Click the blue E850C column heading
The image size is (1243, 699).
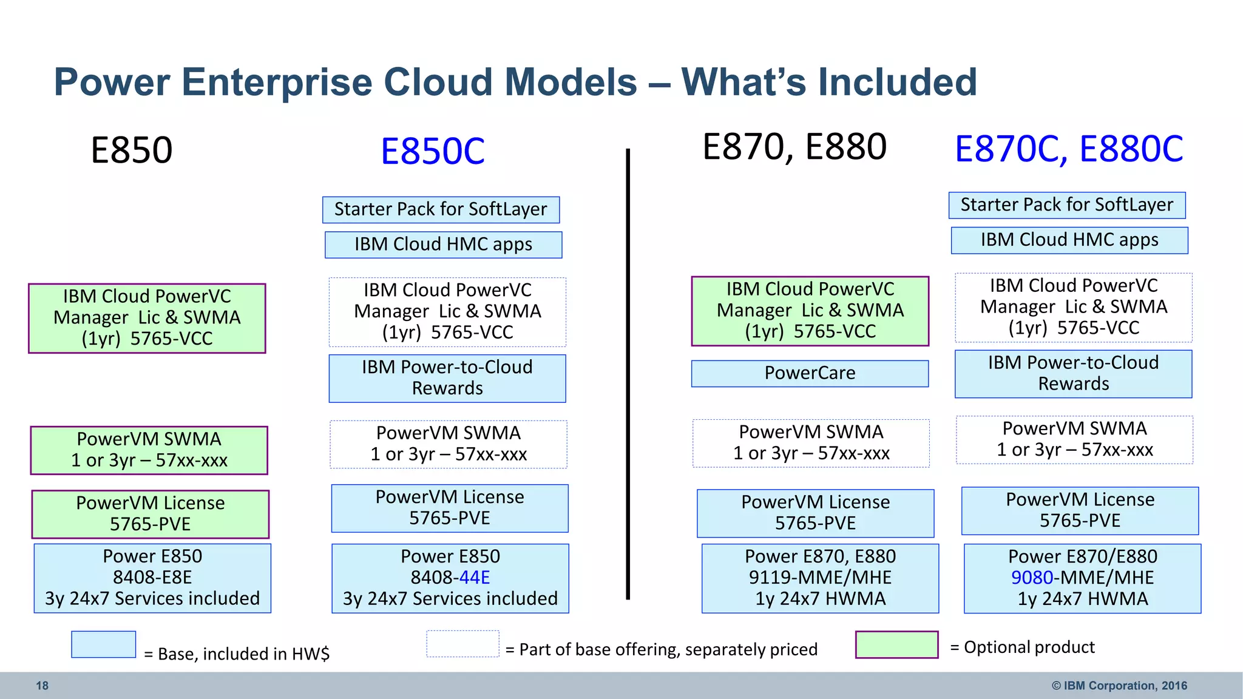pyautogui.click(x=433, y=151)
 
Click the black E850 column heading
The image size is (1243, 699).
pyautogui.click(x=132, y=150)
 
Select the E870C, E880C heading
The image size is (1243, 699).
pyautogui.click(x=1069, y=149)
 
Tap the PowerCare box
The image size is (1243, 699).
pyautogui.click(x=810, y=373)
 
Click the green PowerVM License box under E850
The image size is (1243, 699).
pyautogui.click(x=151, y=514)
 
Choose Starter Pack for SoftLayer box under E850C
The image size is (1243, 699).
pyautogui.click(x=441, y=209)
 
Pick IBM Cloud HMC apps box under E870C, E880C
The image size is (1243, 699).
pyautogui.click(x=1069, y=240)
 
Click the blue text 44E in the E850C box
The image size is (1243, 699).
pyautogui.click(x=475, y=577)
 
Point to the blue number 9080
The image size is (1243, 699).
pyautogui.click(x=1032, y=577)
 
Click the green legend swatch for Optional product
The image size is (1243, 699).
pyautogui.click(x=896, y=644)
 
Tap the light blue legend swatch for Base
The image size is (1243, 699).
pyautogui.click(x=103, y=644)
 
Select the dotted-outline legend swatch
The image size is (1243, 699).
pyautogui.click(x=462, y=644)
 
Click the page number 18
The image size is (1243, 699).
pyautogui.click(x=42, y=686)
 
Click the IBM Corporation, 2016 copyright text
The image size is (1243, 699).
pyautogui.click(x=1119, y=686)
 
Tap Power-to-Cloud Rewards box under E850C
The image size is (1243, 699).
pyautogui.click(x=447, y=378)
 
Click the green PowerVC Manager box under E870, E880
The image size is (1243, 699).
pyautogui.click(x=810, y=311)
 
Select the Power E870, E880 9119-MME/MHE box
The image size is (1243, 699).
pyautogui.click(x=820, y=578)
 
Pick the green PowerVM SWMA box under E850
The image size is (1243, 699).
pyautogui.click(x=149, y=450)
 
